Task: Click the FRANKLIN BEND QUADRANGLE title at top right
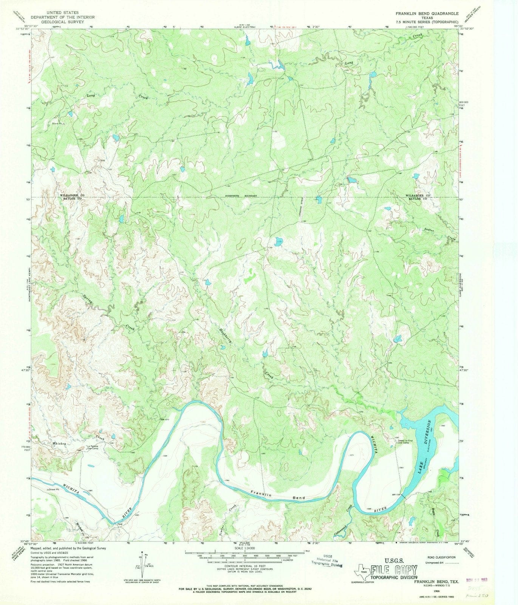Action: pos(427,13)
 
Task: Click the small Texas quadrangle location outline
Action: pos(364,571)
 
